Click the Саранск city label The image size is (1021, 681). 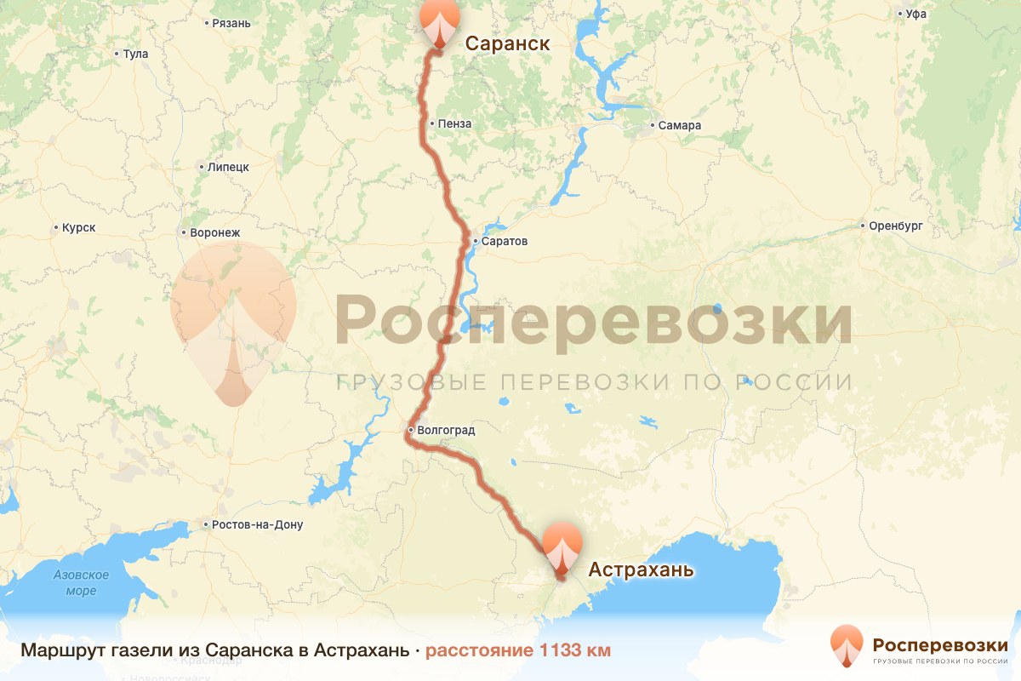coord(506,43)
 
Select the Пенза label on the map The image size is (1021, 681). coord(454,124)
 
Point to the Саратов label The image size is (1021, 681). coord(504,242)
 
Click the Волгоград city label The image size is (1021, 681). coord(446,431)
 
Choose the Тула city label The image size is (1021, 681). coord(135,54)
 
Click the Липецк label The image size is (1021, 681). coord(227,168)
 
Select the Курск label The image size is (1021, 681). coord(78,228)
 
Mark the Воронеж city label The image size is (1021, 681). coord(216,232)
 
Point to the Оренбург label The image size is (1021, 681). coord(895,226)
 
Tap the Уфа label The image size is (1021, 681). coord(915,14)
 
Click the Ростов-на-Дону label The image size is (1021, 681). coord(259,525)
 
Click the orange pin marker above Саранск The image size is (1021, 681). coord(439,21)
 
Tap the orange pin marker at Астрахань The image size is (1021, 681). coord(562,545)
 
